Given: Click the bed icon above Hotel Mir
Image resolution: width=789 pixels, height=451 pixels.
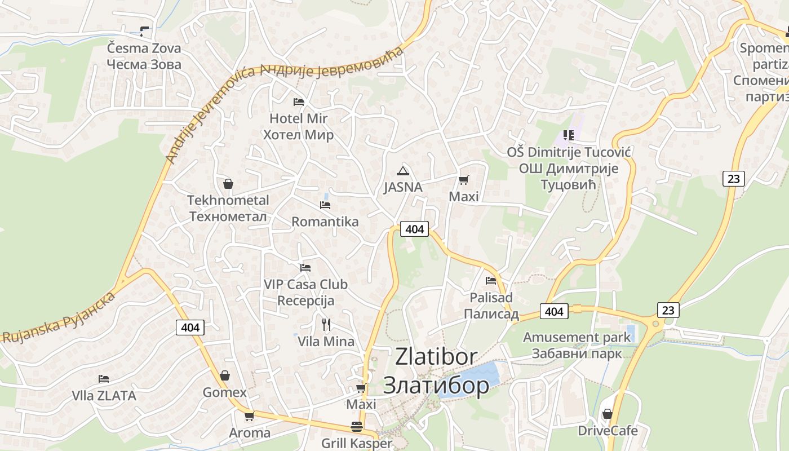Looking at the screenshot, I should coord(299,102).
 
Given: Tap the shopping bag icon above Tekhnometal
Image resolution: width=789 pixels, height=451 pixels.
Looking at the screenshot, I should coord(228,184).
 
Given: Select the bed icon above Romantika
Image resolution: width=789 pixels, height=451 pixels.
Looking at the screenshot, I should coord(325,205).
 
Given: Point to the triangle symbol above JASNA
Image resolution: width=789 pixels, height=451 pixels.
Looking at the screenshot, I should coord(402,170).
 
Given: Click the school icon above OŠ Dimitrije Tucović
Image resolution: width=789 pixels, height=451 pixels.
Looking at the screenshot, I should coord(568,135).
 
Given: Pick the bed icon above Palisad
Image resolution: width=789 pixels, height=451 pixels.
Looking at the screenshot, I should coord(491,280).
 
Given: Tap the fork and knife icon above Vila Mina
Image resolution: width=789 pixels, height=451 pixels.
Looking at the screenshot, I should coord(326,324).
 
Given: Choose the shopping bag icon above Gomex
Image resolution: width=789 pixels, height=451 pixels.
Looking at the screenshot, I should coord(224,375).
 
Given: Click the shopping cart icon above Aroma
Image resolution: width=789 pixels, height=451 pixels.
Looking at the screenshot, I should coord(249,416).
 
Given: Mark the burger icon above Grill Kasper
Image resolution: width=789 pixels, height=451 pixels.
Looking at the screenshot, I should coord(356,427).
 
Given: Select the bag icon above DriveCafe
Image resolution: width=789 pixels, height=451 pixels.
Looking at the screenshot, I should coord(607,414).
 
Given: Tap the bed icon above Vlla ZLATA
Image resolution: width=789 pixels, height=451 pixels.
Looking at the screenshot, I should coord(104,379).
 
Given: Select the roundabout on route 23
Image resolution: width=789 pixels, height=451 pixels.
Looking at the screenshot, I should coord(655,324).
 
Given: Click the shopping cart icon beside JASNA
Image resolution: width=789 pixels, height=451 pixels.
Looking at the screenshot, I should coord(463,180).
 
